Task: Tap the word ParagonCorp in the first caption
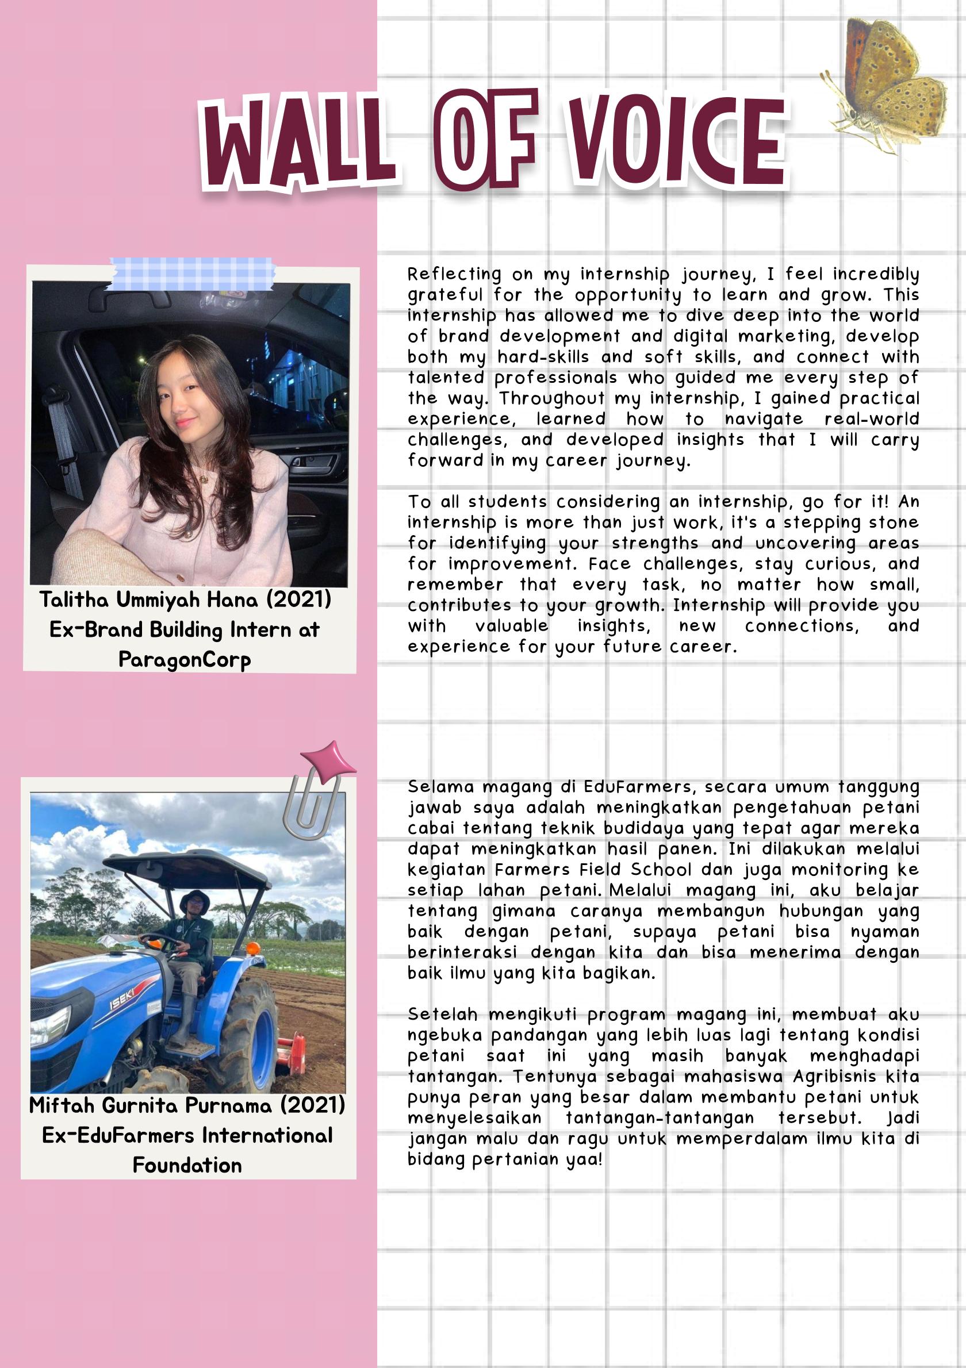pyautogui.click(x=185, y=660)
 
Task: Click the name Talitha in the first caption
pyautogui.click(x=75, y=600)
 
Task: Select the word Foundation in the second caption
pyautogui.click(x=187, y=1165)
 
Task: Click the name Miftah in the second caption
pyautogui.click(x=62, y=1105)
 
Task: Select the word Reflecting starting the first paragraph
pyautogui.click(x=454, y=274)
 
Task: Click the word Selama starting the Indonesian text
pyautogui.click(x=441, y=787)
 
